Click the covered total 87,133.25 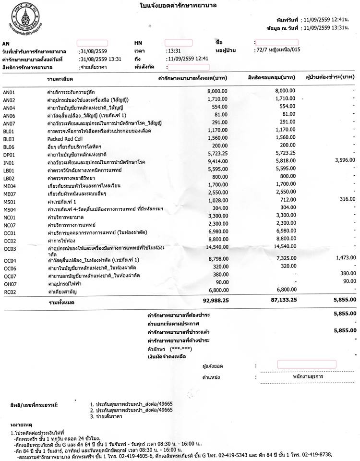click(278, 300)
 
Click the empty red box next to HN click(179, 43)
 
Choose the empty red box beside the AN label click(92, 43)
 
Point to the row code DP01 click(10, 154)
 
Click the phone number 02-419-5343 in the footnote click(252, 454)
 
